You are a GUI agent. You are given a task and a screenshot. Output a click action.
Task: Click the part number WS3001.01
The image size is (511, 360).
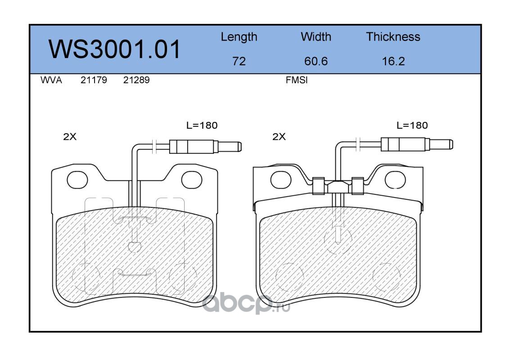pyautogui.click(x=114, y=49)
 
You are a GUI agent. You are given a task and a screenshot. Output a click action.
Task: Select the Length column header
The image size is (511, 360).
pyautogui.click(x=239, y=37)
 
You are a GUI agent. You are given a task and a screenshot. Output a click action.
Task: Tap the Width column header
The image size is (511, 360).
pyautogui.click(x=316, y=36)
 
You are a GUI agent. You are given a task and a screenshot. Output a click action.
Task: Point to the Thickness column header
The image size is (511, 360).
pyautogui.click(x=393, y=36)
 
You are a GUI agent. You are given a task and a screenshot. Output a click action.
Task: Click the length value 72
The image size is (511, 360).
pyautogui.click(x=239, y=61)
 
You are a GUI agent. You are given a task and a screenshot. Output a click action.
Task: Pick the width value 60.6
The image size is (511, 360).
pyautogui.click(x=316, y=61)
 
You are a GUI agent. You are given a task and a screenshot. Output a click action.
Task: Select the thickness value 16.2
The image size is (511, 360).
pyautogui.click(x=393, y=61)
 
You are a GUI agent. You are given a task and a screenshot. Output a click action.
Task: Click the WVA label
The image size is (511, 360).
pyautogui.click(x=51, y=80)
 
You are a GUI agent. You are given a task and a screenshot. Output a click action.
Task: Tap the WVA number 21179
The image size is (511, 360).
pyautogui.click(x=94, y=80)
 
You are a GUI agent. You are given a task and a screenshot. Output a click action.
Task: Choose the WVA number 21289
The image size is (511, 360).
pyautogui.click(x=136, y=80)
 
